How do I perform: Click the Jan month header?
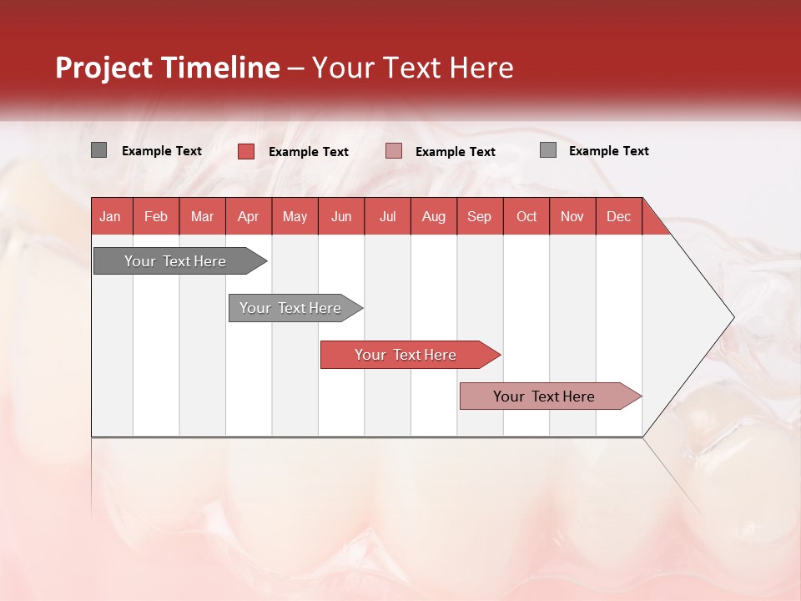[x=110, y=216]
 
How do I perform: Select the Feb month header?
[x=156, y=216]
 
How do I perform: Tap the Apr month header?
[x=248, y=216]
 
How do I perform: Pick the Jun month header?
[x=341, y=216]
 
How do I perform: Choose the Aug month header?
[x=434, y=216]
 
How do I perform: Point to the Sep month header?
[x=480, y=216]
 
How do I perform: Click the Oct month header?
[x=526, y=216]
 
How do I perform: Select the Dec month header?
[x=619, y=216]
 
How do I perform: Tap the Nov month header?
[x=572, y=216]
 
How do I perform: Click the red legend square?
[x=245, y=151]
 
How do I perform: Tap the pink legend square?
[x=394, y=151]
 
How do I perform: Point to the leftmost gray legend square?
[x=98, y=150]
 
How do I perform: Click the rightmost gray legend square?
[x=548, y=150]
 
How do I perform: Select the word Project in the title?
[x=104, y=68]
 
